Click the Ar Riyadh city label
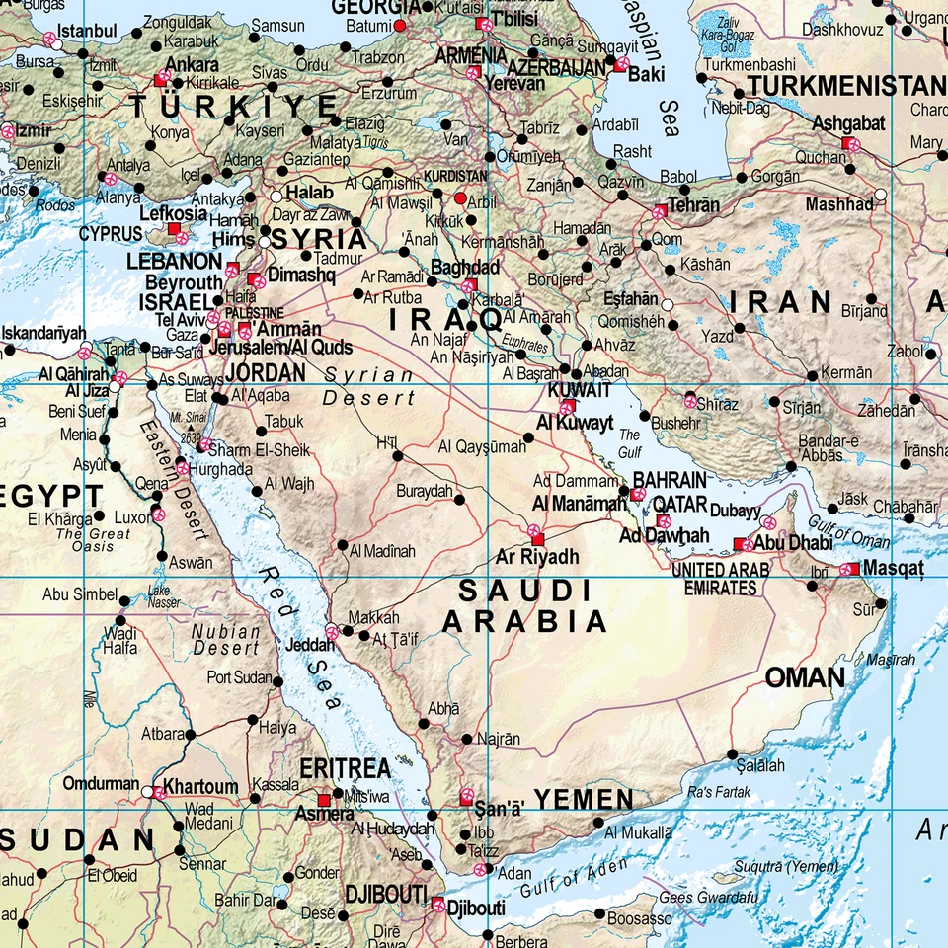point(537,558)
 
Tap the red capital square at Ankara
point(161,79)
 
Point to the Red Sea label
point(300,638)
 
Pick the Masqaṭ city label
point(894,569)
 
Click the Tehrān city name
point(694,206)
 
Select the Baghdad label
point(466,268)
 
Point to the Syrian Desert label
point(369,387)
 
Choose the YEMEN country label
point(584,800)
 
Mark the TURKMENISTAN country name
point(846,86)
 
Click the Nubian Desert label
point(226,640)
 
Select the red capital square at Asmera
point(324,800)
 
